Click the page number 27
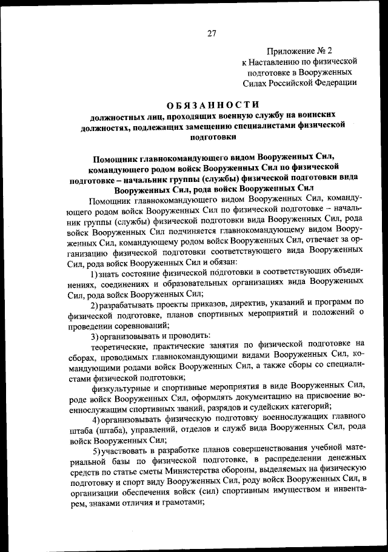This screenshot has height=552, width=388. pos(212,33)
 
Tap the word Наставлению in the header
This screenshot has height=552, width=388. pos(279,61)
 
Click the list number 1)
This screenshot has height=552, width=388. pos(95,275)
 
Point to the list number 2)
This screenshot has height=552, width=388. pos(95,303)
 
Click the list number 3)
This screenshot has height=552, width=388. pos(95,335)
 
